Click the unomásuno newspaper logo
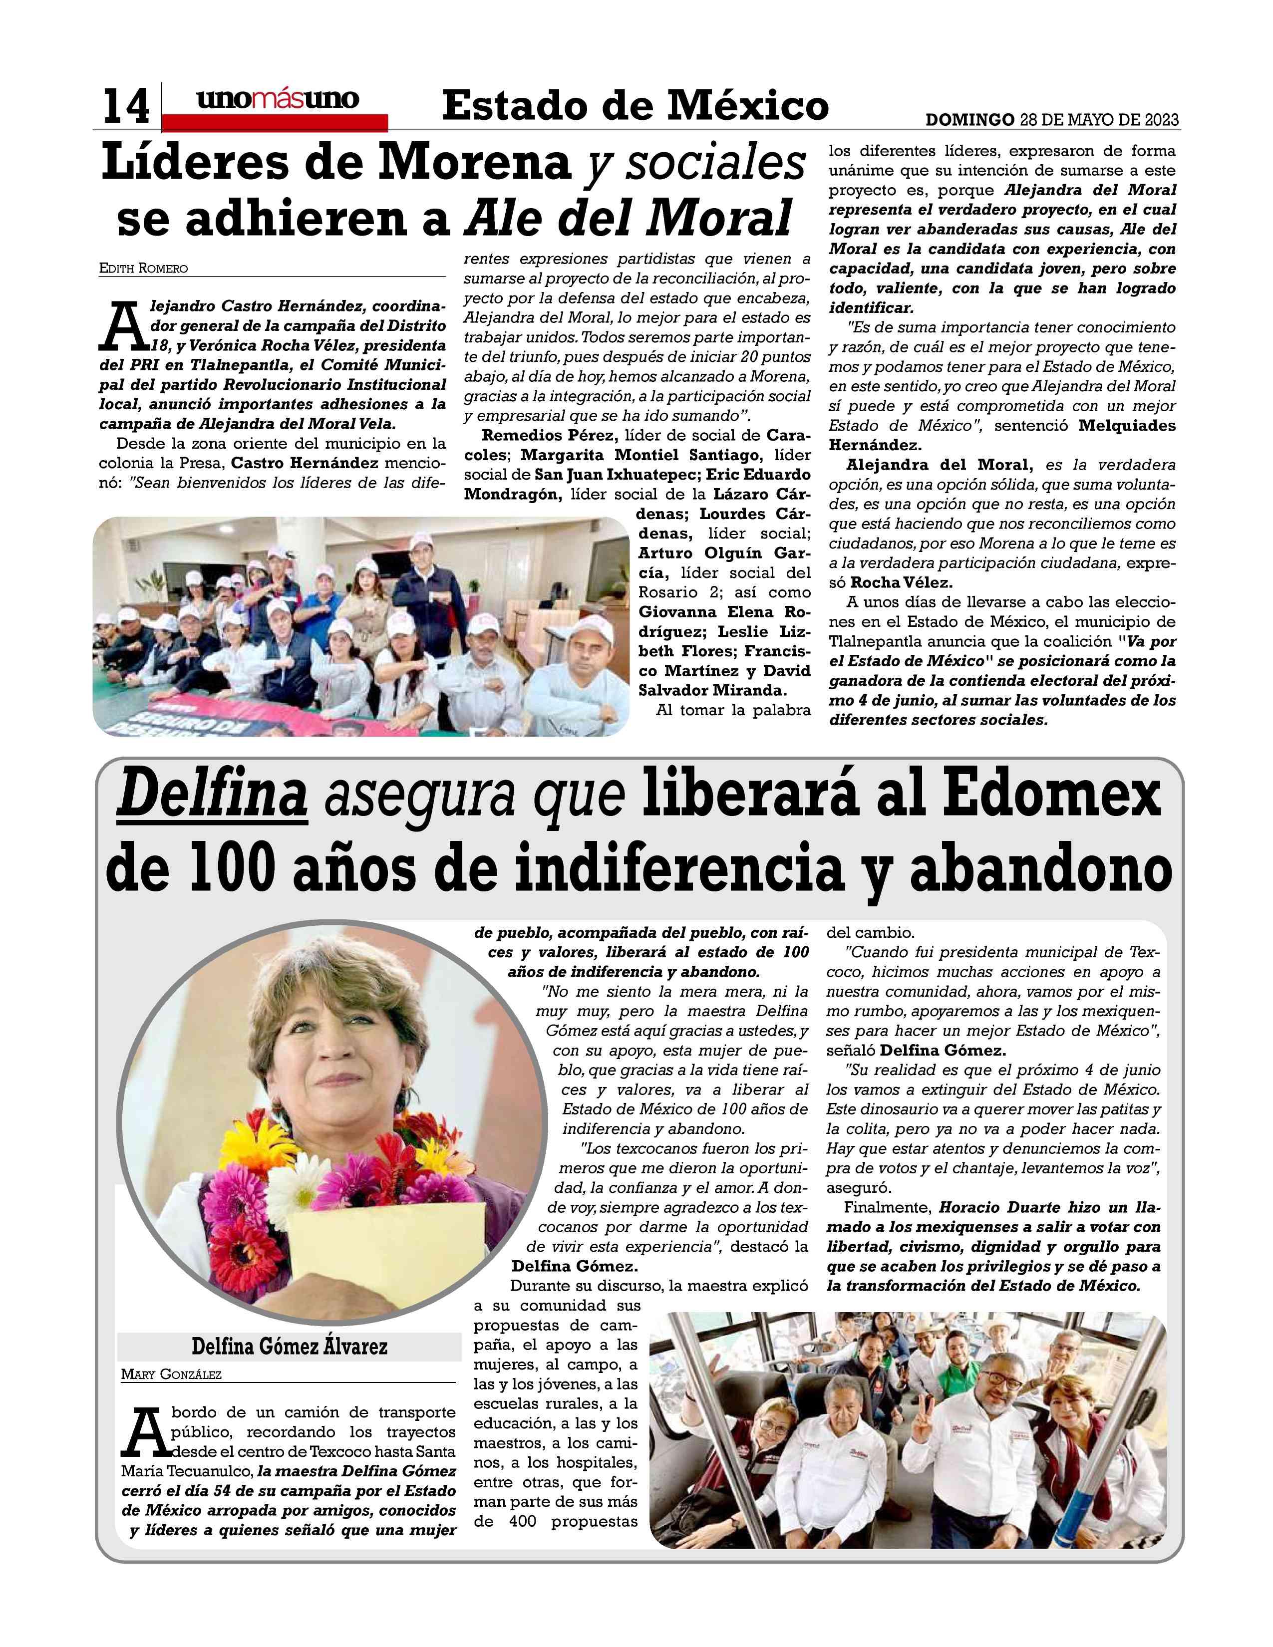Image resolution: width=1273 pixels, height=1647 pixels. (x=278, y=100)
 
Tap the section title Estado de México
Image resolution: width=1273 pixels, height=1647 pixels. (x=635, y=106)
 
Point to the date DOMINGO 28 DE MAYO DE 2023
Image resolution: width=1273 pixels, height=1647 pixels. (x=1052, y=120)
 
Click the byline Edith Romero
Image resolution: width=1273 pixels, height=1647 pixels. (x=143, y=269)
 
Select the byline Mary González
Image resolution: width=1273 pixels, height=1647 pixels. (x=171, y=1374)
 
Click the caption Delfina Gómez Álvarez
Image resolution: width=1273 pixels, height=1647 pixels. (x=289, y=1346)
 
